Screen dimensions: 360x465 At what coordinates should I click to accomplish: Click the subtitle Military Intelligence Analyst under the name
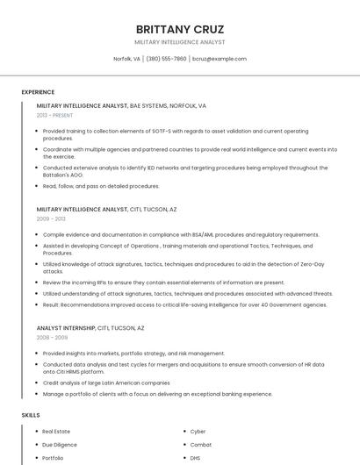click(x=179, y=42)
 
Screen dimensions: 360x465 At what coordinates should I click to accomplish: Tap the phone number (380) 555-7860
click(x=166, y=59)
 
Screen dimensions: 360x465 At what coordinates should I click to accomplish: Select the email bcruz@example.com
click(x=220, y=59)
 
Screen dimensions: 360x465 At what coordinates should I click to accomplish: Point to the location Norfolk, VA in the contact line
click(x=126, y=59)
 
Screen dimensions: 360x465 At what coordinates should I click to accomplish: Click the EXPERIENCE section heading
click(x=38, y=91)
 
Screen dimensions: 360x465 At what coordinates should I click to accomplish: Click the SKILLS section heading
click(x=31, y=414)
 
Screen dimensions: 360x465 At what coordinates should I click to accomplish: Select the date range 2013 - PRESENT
click(x=54, y=115)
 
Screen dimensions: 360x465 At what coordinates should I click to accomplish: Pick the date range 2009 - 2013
click(x=51, y=219)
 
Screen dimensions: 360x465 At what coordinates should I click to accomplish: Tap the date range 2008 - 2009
click(x=52, y=337)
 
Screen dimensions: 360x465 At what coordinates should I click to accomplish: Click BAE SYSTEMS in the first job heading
click(x=148, y=105)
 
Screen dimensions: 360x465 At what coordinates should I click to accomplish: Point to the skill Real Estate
click(x=55, y=432)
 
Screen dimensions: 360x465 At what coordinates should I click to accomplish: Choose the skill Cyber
click(x=198, y=432)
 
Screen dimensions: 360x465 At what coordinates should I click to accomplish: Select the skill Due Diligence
click(x=59, y=445)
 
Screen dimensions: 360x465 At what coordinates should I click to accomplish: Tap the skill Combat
click(x=200, y=445)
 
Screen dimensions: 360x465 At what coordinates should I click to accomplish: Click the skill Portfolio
click(x=53, y=458)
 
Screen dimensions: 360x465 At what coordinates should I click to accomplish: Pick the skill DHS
click(x=195, y=458)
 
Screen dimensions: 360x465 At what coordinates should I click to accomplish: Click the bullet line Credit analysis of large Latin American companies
click(x=106, y=383)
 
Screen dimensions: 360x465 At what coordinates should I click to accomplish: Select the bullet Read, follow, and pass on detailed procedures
click(x=101, y=186)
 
